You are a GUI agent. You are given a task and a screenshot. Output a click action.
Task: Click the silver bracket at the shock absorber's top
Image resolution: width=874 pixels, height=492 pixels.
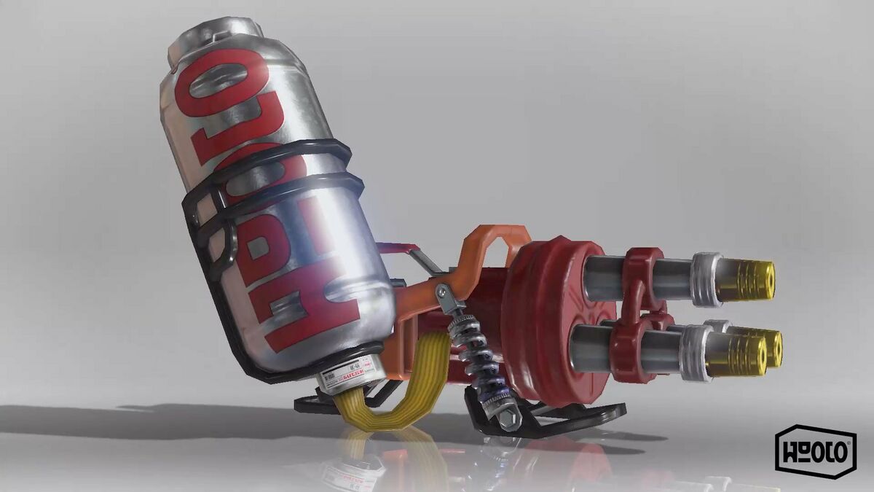[446, 296]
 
